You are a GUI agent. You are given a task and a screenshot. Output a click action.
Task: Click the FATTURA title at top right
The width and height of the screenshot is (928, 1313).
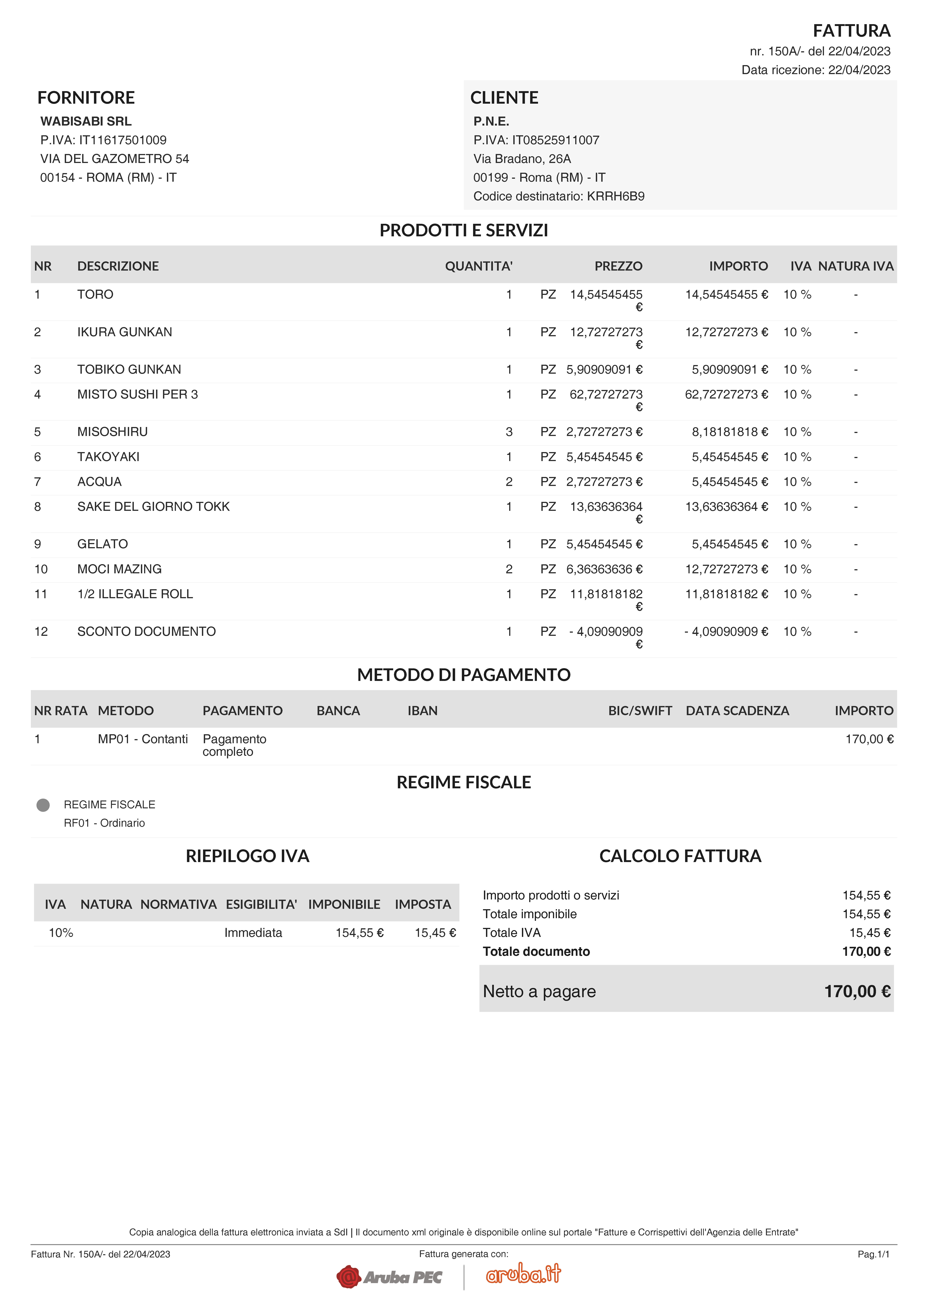(x=851, y=30)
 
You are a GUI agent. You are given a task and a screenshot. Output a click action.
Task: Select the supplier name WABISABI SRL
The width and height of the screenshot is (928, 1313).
(x=86, y=121)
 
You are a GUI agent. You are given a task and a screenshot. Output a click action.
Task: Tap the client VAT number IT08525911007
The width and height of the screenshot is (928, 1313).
(x=555, y=140)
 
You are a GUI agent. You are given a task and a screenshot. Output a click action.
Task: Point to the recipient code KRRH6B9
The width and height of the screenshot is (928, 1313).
(x=615, y=196)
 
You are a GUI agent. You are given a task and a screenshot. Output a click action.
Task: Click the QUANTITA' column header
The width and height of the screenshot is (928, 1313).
(x=479, y=266)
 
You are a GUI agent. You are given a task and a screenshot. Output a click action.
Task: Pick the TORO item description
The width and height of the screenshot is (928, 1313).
(x=95, y=295)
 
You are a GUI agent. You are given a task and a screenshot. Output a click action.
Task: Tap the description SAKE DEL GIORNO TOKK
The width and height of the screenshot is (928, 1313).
(x=153, y=507)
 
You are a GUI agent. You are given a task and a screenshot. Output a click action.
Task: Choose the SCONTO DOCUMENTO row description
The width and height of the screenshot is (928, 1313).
(x=146, y=631)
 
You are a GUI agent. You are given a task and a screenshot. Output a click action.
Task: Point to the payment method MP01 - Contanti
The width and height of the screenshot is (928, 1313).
(x=142, y=739)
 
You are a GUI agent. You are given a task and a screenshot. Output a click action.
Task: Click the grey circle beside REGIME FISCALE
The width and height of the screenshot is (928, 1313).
(x=43, y=805)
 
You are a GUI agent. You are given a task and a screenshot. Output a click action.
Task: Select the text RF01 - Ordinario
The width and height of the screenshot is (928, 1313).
(x=104, y=823)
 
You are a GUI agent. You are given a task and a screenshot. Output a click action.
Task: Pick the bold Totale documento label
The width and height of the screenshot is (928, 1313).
(x=536, y=951)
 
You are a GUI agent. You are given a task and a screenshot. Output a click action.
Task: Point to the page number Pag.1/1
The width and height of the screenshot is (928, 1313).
(x=873, y=1254)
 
